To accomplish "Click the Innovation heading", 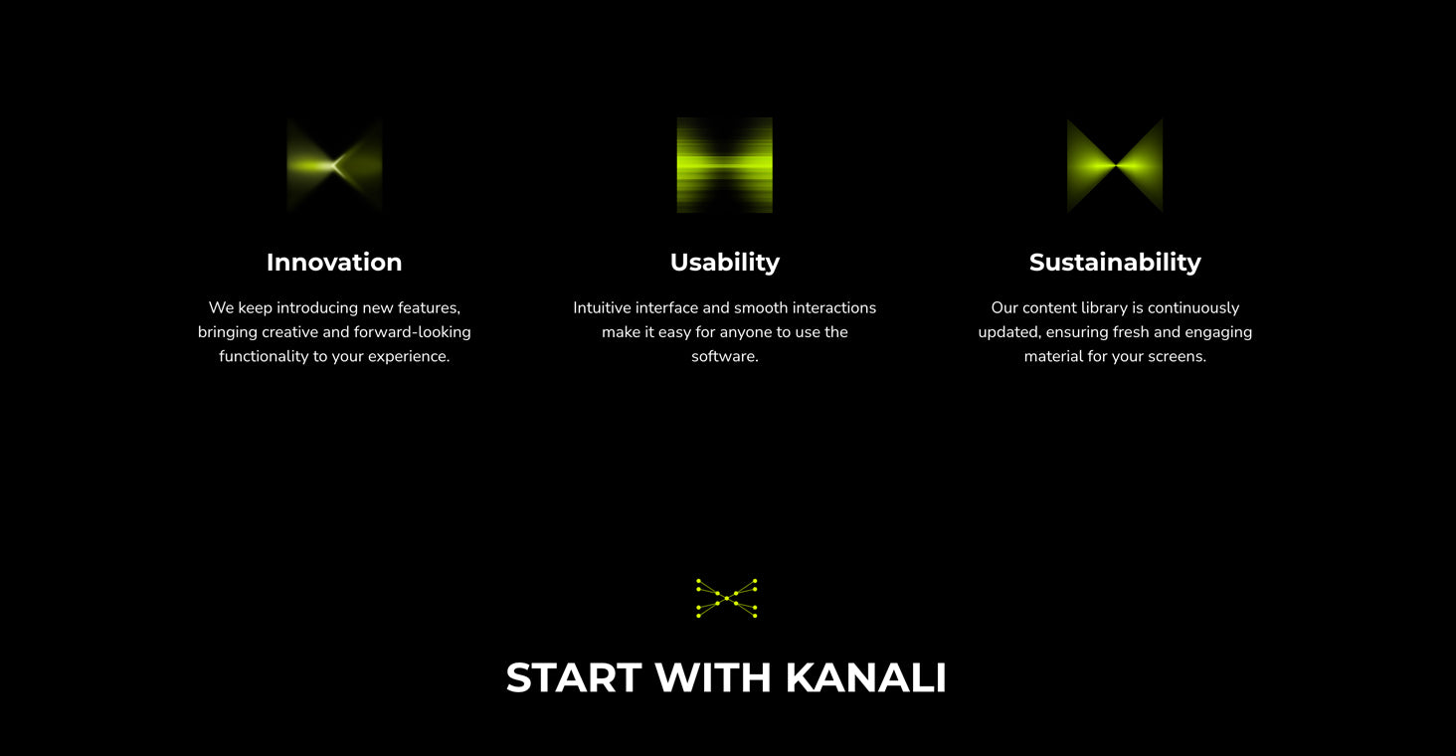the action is click(334, 262).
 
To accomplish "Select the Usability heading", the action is click(725, 263).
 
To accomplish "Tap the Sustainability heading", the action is click(1115, 263).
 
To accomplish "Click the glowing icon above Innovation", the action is click(334, 165).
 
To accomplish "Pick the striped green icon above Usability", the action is click(725, 165).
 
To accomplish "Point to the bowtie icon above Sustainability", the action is click(1115, 165).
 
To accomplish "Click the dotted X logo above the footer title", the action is click(726, 598).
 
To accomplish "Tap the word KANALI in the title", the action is click(865, 678).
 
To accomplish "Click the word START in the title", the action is click(574, 678).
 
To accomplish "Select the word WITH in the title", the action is click(713, 678).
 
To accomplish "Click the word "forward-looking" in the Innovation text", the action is click(412, 332).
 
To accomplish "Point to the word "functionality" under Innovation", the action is click(264, 356).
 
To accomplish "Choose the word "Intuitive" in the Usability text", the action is click(602, 307).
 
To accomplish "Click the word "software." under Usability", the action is click(725, 356).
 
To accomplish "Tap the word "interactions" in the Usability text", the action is click(834, 307).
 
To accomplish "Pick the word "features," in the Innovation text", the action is click(429, 307).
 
